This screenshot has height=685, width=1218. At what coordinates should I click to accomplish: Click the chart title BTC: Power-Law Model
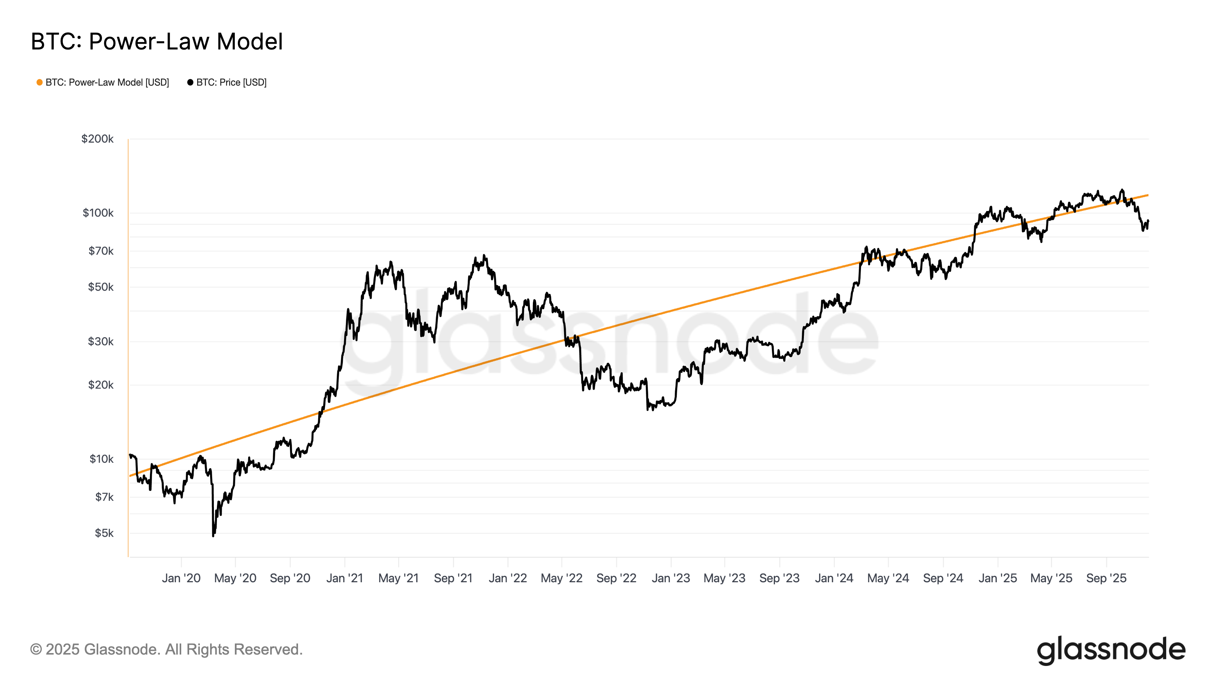156,41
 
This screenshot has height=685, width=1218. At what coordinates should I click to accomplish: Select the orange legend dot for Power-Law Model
40,82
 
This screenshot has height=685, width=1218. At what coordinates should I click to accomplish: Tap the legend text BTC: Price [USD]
231,82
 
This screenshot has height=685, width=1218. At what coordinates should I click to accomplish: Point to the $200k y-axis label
97,139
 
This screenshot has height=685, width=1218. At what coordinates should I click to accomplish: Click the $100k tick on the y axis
98,213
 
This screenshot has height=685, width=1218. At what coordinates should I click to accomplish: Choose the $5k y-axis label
104,533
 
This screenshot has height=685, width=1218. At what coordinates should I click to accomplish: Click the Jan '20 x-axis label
181,578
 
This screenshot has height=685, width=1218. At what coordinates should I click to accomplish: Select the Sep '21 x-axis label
453,578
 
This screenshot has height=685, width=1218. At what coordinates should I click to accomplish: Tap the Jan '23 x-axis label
670,578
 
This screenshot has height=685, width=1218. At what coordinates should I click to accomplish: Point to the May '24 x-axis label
888,578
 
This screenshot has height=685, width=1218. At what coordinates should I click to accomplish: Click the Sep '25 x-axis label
1106,578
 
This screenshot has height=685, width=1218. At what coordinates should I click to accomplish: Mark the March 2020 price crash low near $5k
213,535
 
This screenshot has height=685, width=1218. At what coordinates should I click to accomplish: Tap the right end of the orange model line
1148,195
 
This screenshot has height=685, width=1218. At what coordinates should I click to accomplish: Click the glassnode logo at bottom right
1111,650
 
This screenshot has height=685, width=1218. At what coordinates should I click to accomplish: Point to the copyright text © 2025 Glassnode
166,650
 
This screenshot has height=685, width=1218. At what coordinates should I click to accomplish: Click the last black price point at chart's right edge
1148,221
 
